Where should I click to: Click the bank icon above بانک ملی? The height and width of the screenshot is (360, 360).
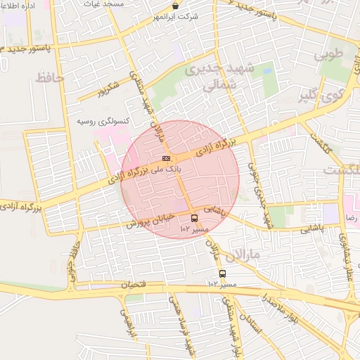pyautogui.click(x=166, y=158)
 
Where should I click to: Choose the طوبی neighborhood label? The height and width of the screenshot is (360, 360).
pyautogui.click(x=330, y=53)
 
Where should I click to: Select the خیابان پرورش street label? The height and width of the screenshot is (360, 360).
pyautogui.click(x=149, y=220)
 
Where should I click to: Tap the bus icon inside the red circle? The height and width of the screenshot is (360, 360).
pyautogui.click(x=194, y=218)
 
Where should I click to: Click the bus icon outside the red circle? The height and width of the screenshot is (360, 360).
pyautogui.click(x=223, y=274)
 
